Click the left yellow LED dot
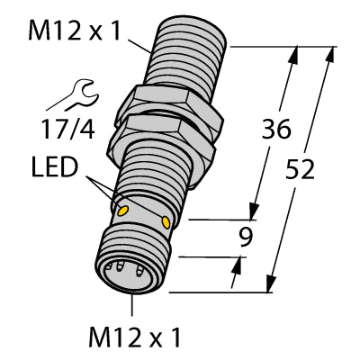coord(123,210)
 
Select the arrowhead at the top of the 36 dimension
coord(292,53)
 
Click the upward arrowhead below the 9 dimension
coord(240,262)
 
